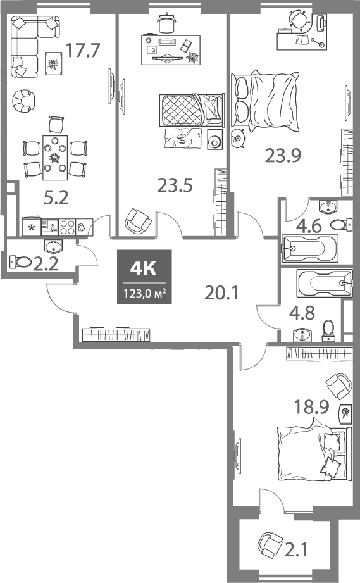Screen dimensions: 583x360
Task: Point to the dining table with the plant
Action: coord(56,154)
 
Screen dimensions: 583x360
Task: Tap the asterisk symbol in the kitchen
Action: coord(31,226)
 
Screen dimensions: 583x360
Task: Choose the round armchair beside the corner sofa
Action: coord(25,99)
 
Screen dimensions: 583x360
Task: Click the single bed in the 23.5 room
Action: coord(190,111)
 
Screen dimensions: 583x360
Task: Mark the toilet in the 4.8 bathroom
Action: coord(328,330)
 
